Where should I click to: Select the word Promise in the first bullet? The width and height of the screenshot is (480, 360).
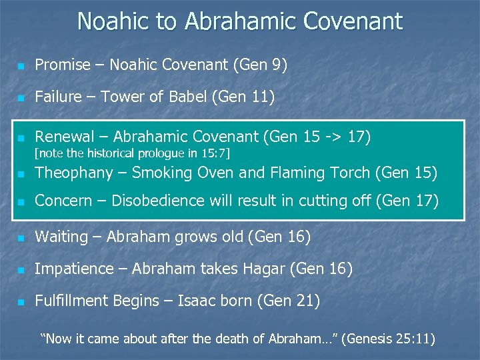tap(62, 65)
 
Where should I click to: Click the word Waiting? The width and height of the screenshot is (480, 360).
tap(61, 237)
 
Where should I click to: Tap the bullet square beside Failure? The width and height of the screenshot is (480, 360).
tap(21, 98)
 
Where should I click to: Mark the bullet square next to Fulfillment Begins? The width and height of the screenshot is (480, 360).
tap(21, 302)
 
